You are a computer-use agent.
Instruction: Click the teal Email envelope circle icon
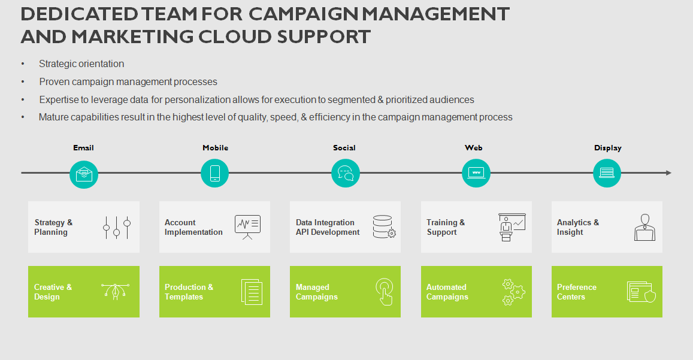tap(84, 174)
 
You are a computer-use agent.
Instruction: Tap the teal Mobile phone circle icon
tap(215, 173)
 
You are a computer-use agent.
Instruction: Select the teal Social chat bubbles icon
tap(345, 173)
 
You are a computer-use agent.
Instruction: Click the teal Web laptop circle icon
tap(476, 173)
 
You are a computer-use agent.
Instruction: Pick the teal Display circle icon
tap(607, 173)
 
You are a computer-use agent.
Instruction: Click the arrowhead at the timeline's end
tap(668, 173)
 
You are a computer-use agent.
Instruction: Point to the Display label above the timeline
tap(608, 148)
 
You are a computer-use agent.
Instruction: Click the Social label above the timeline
tap(344, 148)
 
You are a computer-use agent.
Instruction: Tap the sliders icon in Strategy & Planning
tap(117, 228)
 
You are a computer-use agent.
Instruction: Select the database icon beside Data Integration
tap(384, 227)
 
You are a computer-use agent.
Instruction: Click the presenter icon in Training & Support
tap(512, 228)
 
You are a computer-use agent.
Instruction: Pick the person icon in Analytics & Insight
tap(645, 228)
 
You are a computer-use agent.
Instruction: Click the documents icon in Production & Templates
tap(252, 292)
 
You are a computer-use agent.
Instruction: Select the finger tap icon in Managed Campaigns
tap(385, 292)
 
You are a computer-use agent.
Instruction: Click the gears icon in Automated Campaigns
tap(513, 292)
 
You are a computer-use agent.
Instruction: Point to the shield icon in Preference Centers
tap(650, 295)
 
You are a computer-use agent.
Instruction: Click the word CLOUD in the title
tap(235, 37)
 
